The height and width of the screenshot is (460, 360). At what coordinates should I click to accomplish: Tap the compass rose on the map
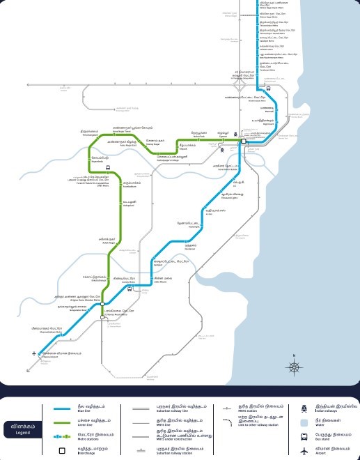coord(295,367)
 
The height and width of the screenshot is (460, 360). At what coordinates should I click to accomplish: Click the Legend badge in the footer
coord(22,429)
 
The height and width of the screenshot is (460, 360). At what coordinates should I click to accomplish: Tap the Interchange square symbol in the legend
coord(62,451)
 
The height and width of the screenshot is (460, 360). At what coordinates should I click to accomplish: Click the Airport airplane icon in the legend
coord(304,451)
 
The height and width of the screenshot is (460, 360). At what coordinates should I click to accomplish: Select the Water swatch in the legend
coord(304,422)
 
